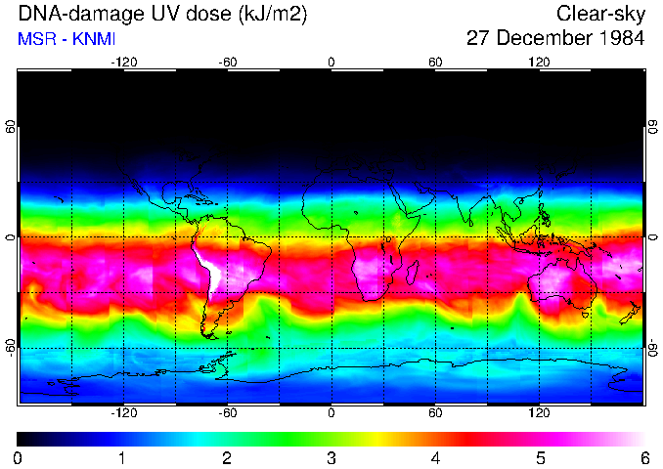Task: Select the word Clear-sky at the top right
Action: click(600, 15)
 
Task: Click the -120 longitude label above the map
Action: click(123, 62)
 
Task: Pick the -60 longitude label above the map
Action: click(227, 62)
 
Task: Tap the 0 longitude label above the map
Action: click(331, 62)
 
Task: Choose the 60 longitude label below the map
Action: click(435, 412)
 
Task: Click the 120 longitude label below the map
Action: click(539, 412)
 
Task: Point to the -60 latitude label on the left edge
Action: click(11, 347)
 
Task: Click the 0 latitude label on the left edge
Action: click(11, 237)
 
